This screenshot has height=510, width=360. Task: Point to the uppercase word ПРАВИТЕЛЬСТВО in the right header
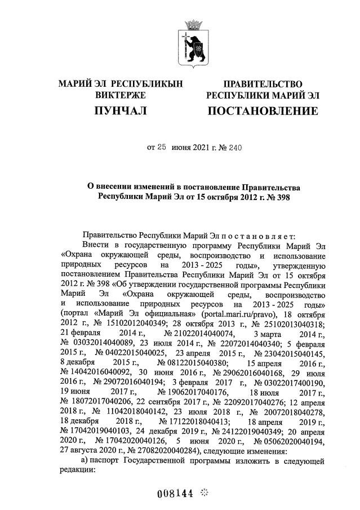click(263, 84)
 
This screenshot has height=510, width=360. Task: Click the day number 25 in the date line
click(162, 148)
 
